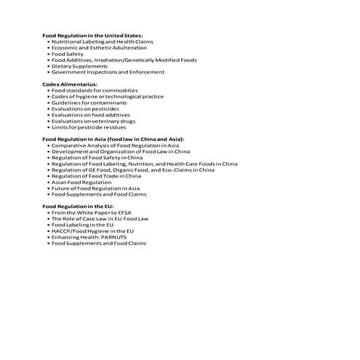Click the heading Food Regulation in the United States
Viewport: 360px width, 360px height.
pyautogui.click(x=92, y=36)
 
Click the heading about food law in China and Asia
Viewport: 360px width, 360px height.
pyautogui.click(x=113, y=139)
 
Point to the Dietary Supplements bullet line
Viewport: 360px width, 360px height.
pyautogui.click(x=79, y=66)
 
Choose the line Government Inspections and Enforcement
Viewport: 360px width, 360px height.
pyautogui.click(x=108, y=72)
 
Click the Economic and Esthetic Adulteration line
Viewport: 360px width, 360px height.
pyautogui.click(x=99, y=47)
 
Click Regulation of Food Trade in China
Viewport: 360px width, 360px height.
pyautogui.click(x=96, y=176)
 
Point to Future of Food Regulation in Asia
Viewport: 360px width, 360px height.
pyautogui.click(x=95, y=188)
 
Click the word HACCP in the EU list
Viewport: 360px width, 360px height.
pyautogui.click(x=62, y=231)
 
